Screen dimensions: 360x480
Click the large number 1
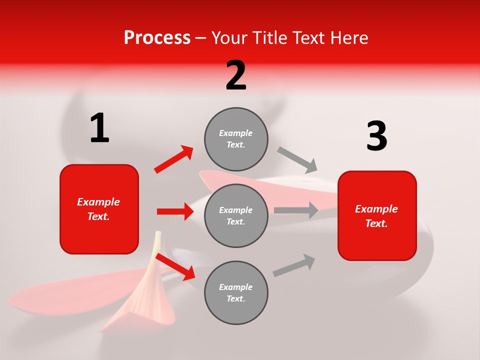(99, 128)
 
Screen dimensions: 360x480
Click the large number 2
(236, 75)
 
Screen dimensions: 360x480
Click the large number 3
(376, 136)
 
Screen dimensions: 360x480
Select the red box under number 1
(99, 209)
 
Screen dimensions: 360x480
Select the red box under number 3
(377, 216)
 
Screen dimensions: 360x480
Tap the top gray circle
(236, 139)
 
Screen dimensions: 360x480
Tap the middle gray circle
(236, 215)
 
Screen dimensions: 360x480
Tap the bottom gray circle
(236, 292)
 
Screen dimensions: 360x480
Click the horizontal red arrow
(175, 211)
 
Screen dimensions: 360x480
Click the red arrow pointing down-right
(175, 266)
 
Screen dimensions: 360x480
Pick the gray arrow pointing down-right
(297, 159)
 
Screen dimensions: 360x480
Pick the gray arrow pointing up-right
(294, 265)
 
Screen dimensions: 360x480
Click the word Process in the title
(157, 37)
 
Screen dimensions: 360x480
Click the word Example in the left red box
(98, 202)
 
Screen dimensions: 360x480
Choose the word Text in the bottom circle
(235, 298)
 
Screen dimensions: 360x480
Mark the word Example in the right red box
(376, 209)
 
